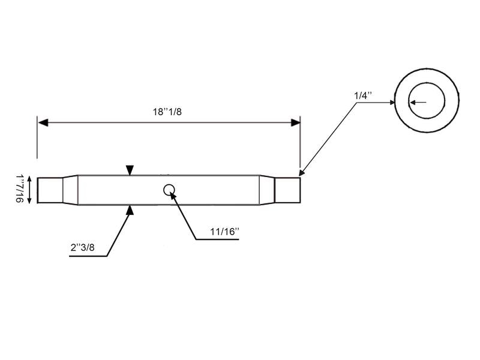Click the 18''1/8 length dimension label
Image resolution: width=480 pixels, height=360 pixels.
(168, 112)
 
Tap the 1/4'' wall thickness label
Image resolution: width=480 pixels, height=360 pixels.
(362, 95)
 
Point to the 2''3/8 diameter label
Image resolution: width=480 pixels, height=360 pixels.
(81, 247)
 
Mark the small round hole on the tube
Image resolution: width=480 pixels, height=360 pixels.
(169, 190)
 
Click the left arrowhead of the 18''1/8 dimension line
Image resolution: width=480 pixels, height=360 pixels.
(43, 122)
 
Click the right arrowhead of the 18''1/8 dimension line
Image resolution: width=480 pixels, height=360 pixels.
(295, 122)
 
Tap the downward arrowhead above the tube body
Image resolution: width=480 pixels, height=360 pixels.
(130, 171)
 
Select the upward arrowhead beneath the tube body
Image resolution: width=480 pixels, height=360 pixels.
(130, 209)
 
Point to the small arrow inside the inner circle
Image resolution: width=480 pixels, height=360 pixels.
(414, 102)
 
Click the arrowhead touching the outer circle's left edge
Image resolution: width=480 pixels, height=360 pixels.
(392, 103)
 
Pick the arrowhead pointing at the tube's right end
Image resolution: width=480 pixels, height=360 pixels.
(303, 172)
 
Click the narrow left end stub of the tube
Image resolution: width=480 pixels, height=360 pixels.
(50, 190)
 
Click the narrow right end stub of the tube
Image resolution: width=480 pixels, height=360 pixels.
(287, 190)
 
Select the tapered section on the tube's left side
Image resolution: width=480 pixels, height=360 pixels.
(70, 190)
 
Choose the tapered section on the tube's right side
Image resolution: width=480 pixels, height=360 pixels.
(267, 190)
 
